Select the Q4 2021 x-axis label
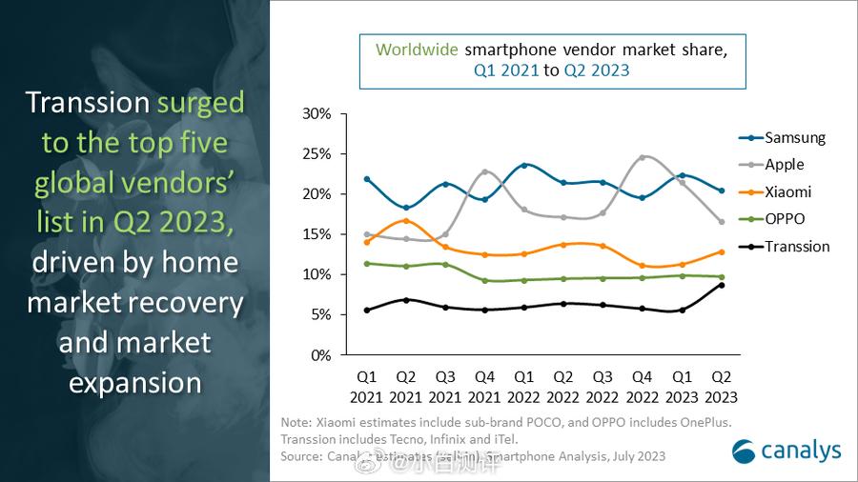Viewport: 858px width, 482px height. [485, 387]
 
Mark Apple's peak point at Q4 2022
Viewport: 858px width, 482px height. [643, 157]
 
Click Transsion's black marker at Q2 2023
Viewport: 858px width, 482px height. [723, 285]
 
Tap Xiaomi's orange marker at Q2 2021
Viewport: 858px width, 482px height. [406, 221]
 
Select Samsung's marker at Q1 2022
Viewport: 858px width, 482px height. [524, 165]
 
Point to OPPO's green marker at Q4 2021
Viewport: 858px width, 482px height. [485, 281]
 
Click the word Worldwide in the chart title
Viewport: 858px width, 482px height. [417, 50]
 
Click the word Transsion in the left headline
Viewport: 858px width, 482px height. [88, 103]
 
